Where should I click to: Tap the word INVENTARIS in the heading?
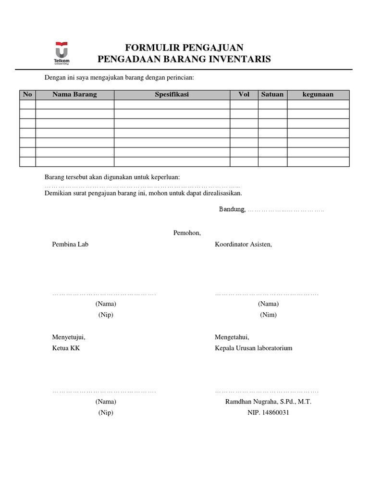[245, 59]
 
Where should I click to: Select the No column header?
[27, 95]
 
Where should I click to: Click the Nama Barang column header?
[74, 95]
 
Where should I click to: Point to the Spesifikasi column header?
[172, 95]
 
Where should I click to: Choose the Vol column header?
[244, 95]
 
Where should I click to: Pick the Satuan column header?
[272, 95]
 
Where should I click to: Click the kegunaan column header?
[318, 95]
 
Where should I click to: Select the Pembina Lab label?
[70, 244]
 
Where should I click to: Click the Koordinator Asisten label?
[243, 244]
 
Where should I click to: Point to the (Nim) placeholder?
[268, 315]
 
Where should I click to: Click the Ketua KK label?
[66, 348]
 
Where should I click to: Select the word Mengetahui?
[232, 337]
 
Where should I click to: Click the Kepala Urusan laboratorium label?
[253, 348]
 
